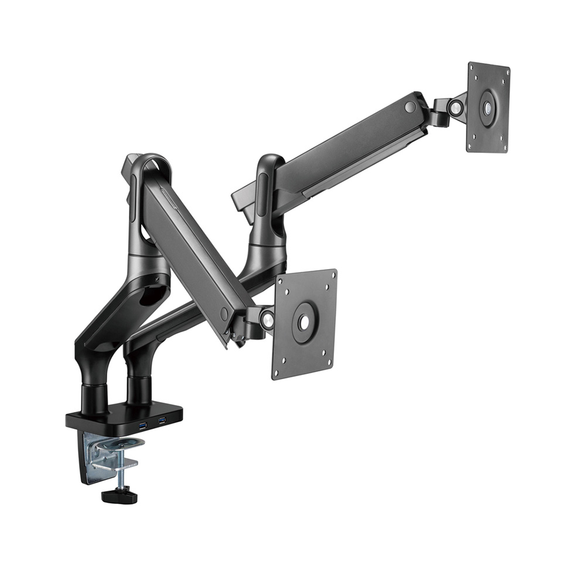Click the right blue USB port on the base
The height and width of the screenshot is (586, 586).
pyautogui.click(x=162, y=420)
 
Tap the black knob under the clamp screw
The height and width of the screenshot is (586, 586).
pyautogui.click(x=120, y=496)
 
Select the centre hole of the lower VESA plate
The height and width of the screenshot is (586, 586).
pyautogui.click(x=303, y=322)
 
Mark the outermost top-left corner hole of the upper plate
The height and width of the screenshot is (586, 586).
pyautogui.click(x=472, y=70)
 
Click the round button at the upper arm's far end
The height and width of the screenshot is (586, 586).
pyautogui.click(x=410, y=107)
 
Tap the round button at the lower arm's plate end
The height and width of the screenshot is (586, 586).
pyautogui.click(x=224, y=315)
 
